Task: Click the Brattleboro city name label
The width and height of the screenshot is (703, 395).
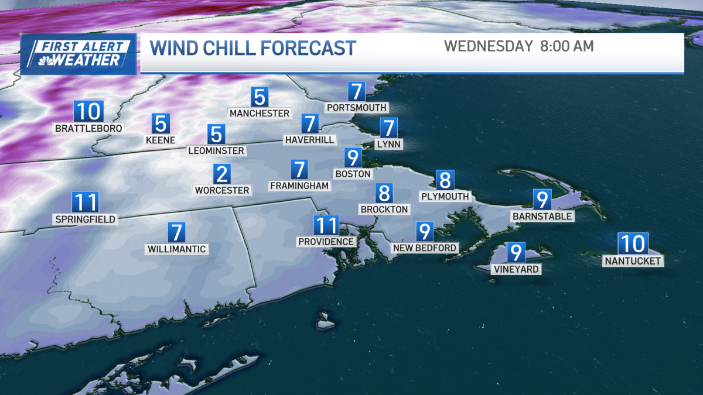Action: [x=88, y=128]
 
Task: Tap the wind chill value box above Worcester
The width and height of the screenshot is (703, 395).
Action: [x=221, y=174]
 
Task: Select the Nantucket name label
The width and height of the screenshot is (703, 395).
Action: [x=633, y=261]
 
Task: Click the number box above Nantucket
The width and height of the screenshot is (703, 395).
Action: [x=633, y=242]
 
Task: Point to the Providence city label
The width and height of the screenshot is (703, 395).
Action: [x=326, y=242]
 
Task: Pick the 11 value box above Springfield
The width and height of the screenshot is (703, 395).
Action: [x=85, y=202]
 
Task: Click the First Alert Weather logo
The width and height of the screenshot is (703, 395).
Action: [x=79, y=54]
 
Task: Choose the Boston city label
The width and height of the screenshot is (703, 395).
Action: [x=353, y=174]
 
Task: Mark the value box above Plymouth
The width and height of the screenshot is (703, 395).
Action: [x=445, y=180]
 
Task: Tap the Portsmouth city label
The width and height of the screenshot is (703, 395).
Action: [x=357, y=108]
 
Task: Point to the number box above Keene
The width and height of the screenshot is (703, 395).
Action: [x=161, y=123]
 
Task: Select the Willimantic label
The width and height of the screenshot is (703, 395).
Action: [x=177, y=249]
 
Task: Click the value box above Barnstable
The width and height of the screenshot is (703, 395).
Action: [x=542, y=200]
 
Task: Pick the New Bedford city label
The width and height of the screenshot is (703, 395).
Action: [x=425, y=248]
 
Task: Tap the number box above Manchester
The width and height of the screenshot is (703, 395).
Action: [x=260, y=97]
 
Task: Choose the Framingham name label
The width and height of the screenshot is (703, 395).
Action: [x=300, y=186]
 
